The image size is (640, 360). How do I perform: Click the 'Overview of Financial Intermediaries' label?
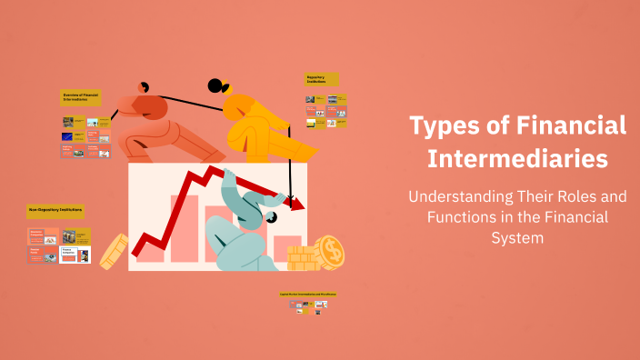click(x=81, y=97)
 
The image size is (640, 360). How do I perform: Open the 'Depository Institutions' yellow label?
click(x=322, y=80)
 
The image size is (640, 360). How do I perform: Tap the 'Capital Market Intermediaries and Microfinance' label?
click(x=307, y=295)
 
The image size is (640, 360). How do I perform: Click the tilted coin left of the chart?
click(x=113, y=251)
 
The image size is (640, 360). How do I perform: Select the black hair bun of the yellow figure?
click(x=215, y=87)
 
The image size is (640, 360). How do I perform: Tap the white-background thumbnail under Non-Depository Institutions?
click(x=75, y=255)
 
